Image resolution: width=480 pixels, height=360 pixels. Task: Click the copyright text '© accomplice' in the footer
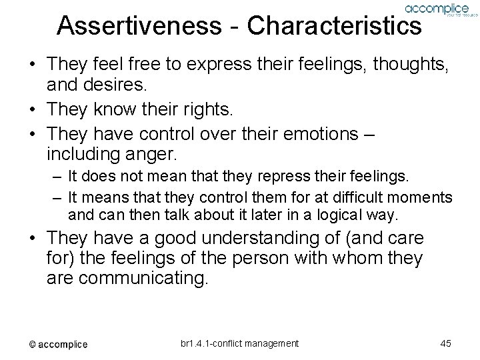pyautogui.click(x=58, y=344)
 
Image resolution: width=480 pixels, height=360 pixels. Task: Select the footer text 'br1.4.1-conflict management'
pyautogui.click(x=239, y=343)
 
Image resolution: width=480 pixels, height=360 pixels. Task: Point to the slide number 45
pyautogui.click(x=446, y=343)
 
